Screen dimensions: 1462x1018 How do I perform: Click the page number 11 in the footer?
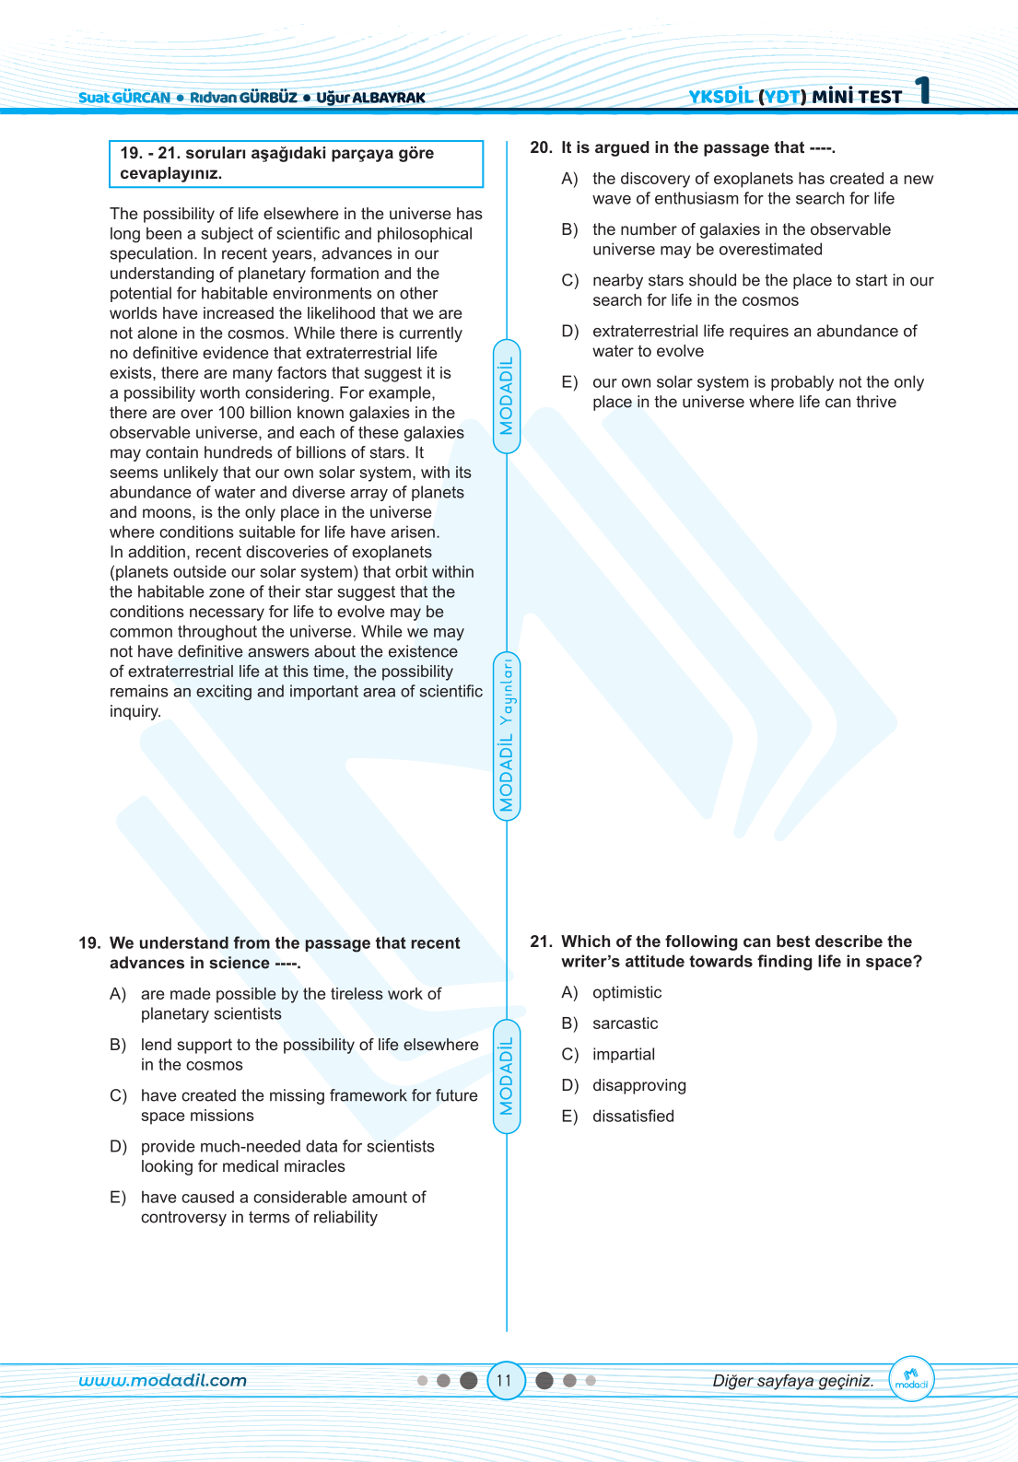coord(504,1380)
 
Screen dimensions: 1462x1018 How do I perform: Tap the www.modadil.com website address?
coord(163,1380)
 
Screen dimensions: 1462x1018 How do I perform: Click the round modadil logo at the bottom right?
coord(911,1379)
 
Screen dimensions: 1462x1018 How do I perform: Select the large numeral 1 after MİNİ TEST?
coord(923,91)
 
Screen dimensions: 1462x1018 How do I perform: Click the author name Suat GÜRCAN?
coord(124,98)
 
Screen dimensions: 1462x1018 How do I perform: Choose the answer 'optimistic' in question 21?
coord(626,992)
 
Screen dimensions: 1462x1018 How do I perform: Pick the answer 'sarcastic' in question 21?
coord(625,1023)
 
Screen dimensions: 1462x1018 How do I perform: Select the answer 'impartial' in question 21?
coord(624,1054)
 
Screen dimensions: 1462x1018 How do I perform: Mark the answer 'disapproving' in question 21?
coord(638,1085)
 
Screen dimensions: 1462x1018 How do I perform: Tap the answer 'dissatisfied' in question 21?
coord(633,1117)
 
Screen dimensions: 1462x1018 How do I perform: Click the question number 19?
coord(89,943)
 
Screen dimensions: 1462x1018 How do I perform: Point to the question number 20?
coord(541,147)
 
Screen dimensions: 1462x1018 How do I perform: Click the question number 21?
coord(541,942)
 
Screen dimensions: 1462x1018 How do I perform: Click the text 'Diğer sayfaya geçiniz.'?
coord(793,1380)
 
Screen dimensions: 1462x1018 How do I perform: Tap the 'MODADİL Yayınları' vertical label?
coord(507,736)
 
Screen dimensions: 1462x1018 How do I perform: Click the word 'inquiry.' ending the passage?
coord(135,711)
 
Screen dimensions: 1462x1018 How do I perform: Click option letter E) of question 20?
coord(569,382)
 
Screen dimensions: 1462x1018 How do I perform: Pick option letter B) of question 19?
coord(118,1045)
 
